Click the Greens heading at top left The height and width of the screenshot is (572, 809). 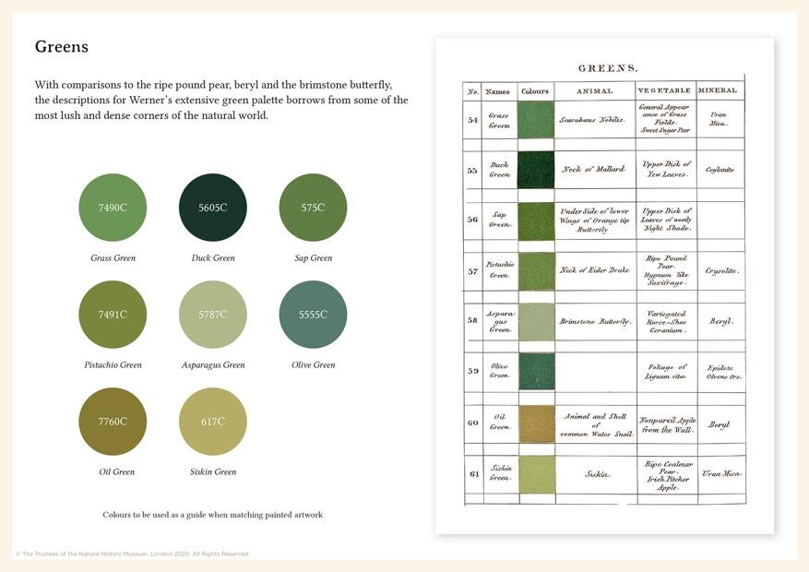point(61,46)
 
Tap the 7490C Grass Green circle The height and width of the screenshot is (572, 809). point(113,208)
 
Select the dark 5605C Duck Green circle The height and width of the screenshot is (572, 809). point(212,208)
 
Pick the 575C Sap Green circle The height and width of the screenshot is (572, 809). point(313,208)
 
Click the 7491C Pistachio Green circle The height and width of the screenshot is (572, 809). point(113,315)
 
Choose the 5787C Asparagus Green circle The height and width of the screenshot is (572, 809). point(212,315)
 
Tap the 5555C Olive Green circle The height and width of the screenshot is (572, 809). point(313,315)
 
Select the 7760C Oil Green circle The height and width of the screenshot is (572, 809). point(113,422)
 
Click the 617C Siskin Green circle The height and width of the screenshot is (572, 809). point(212,422)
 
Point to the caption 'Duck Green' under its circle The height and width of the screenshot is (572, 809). point(213,258)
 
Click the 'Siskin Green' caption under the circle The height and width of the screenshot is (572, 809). point(213,472)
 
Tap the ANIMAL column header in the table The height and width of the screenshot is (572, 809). point(594,91)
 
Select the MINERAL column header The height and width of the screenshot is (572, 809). point(718,91)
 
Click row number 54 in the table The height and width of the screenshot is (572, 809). point(472,120)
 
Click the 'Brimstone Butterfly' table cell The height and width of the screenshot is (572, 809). point(595,322)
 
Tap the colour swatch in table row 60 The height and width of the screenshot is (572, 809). point(536,423)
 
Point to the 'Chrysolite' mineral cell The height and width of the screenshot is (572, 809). point(720,271)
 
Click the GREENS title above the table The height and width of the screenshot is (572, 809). point(608,68)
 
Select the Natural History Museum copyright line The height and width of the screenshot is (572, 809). point(132,554)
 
